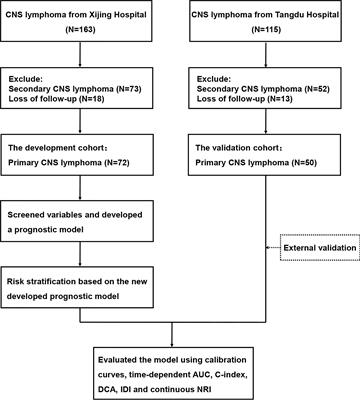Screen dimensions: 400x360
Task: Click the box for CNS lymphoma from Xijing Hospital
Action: click(x=88, y=31)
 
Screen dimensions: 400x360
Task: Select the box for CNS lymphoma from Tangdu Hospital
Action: click(x=270, y=31)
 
